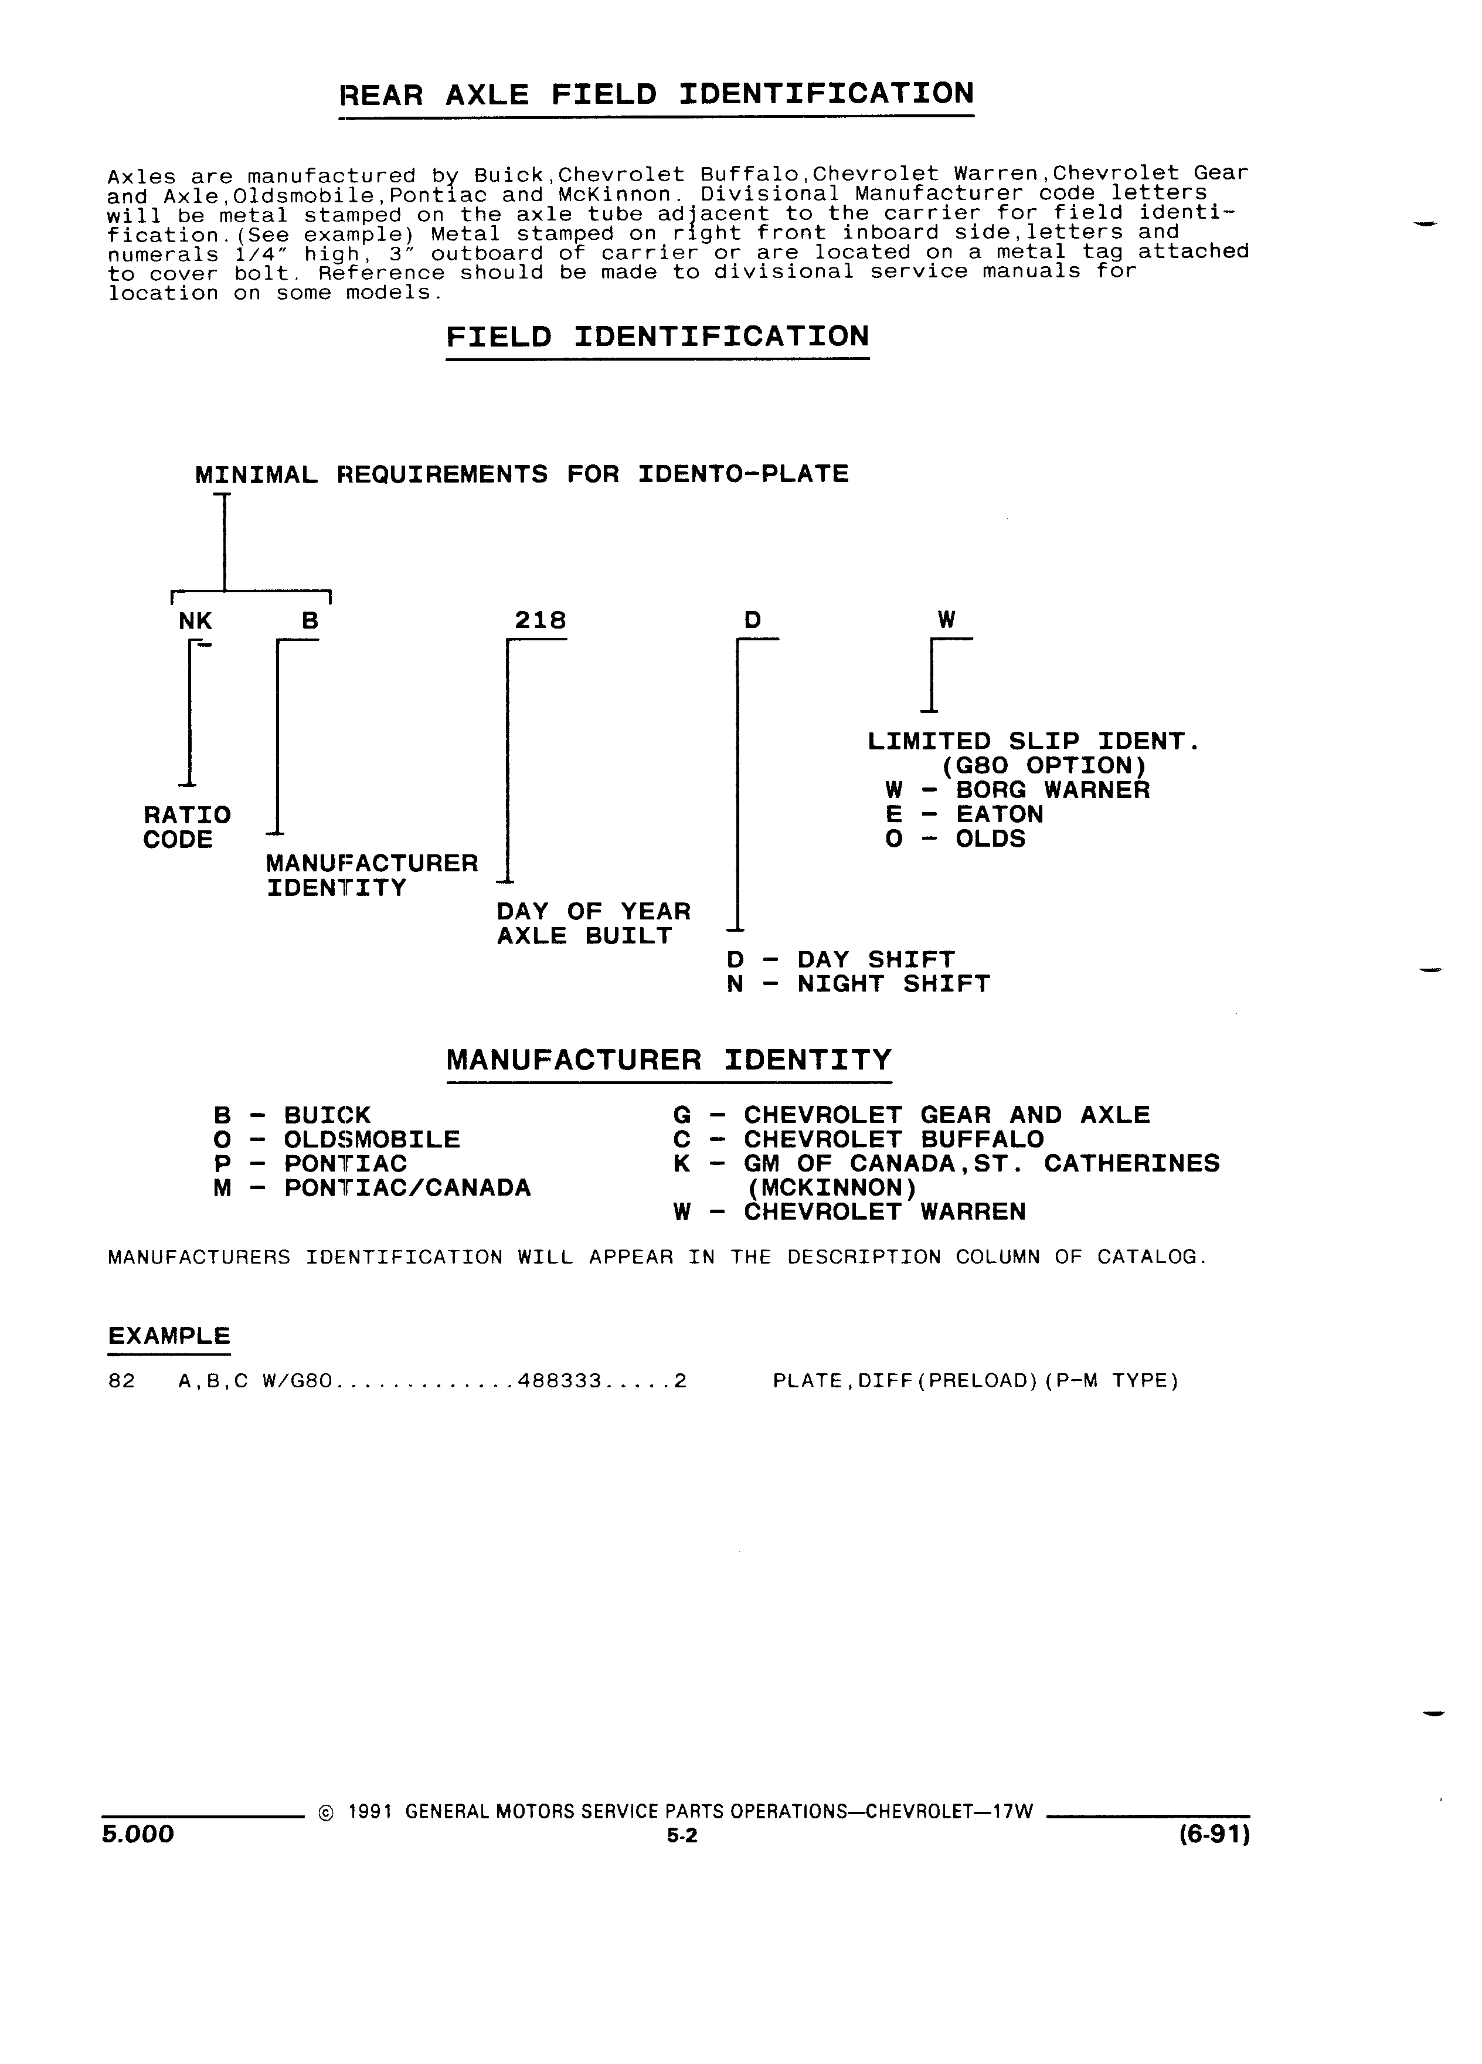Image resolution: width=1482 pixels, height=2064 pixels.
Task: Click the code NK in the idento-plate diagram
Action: pyautogui.click(x=196, y=620)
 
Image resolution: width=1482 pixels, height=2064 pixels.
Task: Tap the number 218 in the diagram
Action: pyautogui.click(x=541, y=620)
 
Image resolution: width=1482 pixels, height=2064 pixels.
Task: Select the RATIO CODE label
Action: pyautogui.click(x=186, y=826)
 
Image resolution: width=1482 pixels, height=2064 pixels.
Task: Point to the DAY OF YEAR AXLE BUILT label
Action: pyautogui.click(x=593, y=924)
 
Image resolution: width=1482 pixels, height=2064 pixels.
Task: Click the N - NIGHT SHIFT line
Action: pyautogui.click(x=858, y=984)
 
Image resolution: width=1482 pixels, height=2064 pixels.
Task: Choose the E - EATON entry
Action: pyautogui.click(x=963, y=814)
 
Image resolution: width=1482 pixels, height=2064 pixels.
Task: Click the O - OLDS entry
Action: pyautogui.click(x=955, y=838)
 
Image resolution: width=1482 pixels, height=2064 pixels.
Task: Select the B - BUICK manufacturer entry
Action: pyautogui.click(x=292, y=1115)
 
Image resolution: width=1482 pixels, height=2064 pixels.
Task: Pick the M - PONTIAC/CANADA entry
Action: pyautogui.click(x=372, y=1187)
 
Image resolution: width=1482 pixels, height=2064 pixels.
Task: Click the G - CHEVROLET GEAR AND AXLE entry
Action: pyautogui.click(x=912, y=1115)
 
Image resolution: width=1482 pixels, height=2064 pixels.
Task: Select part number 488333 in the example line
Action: pyautogui.click(x=559, y=1380)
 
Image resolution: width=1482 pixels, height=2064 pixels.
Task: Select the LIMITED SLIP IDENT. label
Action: pyautogui.click(x=1034, y=742)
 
